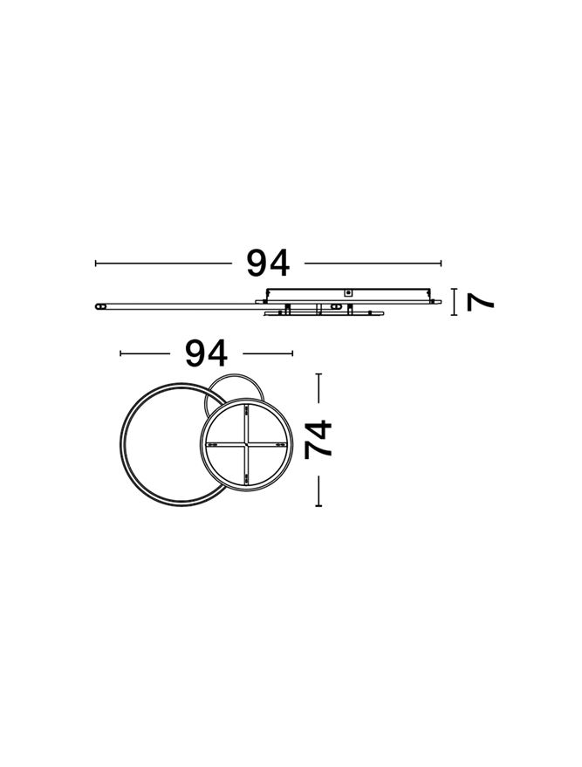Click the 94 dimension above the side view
click(268, 264)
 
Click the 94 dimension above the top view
click(207, 353)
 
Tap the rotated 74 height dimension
click(318, 439)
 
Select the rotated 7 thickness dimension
click(480, 302)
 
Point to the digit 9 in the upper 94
click(257, 264)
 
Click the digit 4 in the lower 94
click(217, 353)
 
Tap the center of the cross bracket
click(246, 444)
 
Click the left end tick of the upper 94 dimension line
click(96, 264)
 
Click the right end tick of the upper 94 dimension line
click(442, 264)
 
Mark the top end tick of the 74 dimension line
click(318, 374)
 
